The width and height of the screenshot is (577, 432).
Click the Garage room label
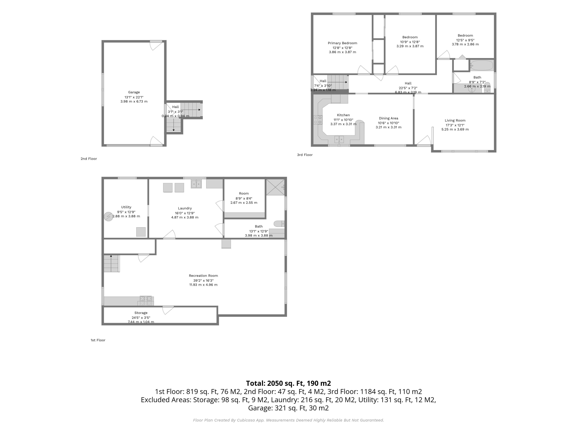134,92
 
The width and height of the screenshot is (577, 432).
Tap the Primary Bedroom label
342,43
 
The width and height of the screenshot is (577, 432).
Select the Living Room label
455,120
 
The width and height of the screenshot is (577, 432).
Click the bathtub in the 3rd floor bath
482,65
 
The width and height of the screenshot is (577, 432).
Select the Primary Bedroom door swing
364,70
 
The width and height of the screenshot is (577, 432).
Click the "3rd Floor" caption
305,155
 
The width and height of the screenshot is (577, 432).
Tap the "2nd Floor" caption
89,159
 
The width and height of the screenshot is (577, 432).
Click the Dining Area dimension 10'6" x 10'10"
388,123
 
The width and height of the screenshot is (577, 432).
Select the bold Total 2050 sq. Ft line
288,383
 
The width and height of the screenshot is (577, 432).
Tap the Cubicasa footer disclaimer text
288,420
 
